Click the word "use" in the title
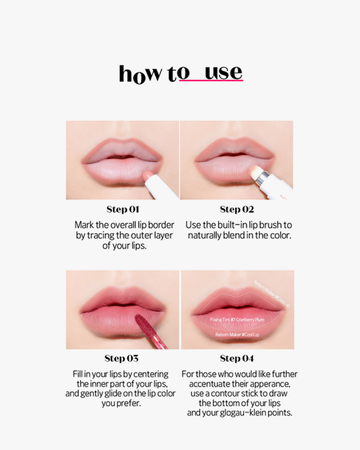[224, 73]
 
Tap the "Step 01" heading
[122, 209]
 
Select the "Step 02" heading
[237, 209]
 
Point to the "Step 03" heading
[121, 358]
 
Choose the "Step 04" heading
[237, 358]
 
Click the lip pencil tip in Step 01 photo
[148, 175]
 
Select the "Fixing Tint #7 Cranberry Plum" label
[237, 319]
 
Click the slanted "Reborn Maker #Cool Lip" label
[272, 293]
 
